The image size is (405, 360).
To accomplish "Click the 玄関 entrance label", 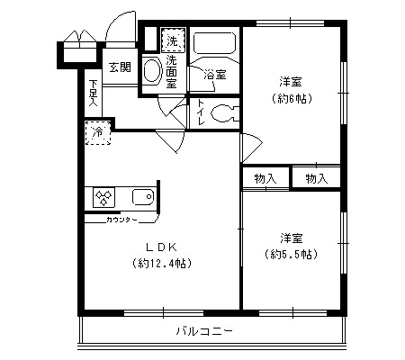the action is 120,67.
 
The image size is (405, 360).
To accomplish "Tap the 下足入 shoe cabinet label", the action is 94,94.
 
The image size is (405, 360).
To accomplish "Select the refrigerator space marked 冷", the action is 98,132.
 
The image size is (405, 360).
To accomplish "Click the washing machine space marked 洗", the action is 173,40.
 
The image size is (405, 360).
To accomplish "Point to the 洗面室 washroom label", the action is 172,72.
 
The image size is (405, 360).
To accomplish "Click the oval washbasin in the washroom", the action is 152,70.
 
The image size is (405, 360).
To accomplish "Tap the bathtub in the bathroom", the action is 215,42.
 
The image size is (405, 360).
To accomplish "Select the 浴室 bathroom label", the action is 215,75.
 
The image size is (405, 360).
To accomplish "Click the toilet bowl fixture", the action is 225,113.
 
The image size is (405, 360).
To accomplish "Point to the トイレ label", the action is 201,112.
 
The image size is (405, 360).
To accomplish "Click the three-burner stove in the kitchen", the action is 103,197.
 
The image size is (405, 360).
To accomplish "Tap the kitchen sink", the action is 143,197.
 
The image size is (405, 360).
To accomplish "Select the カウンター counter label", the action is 121,220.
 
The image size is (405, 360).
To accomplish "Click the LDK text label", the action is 161,247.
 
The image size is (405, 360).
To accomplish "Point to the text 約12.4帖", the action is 162,264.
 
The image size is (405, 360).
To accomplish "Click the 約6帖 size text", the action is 292,99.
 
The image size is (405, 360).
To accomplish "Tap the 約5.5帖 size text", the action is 291,255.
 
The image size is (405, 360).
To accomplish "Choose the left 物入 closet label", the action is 265,179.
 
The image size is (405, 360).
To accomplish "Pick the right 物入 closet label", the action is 317,179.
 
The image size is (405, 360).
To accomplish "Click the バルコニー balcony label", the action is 204,331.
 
